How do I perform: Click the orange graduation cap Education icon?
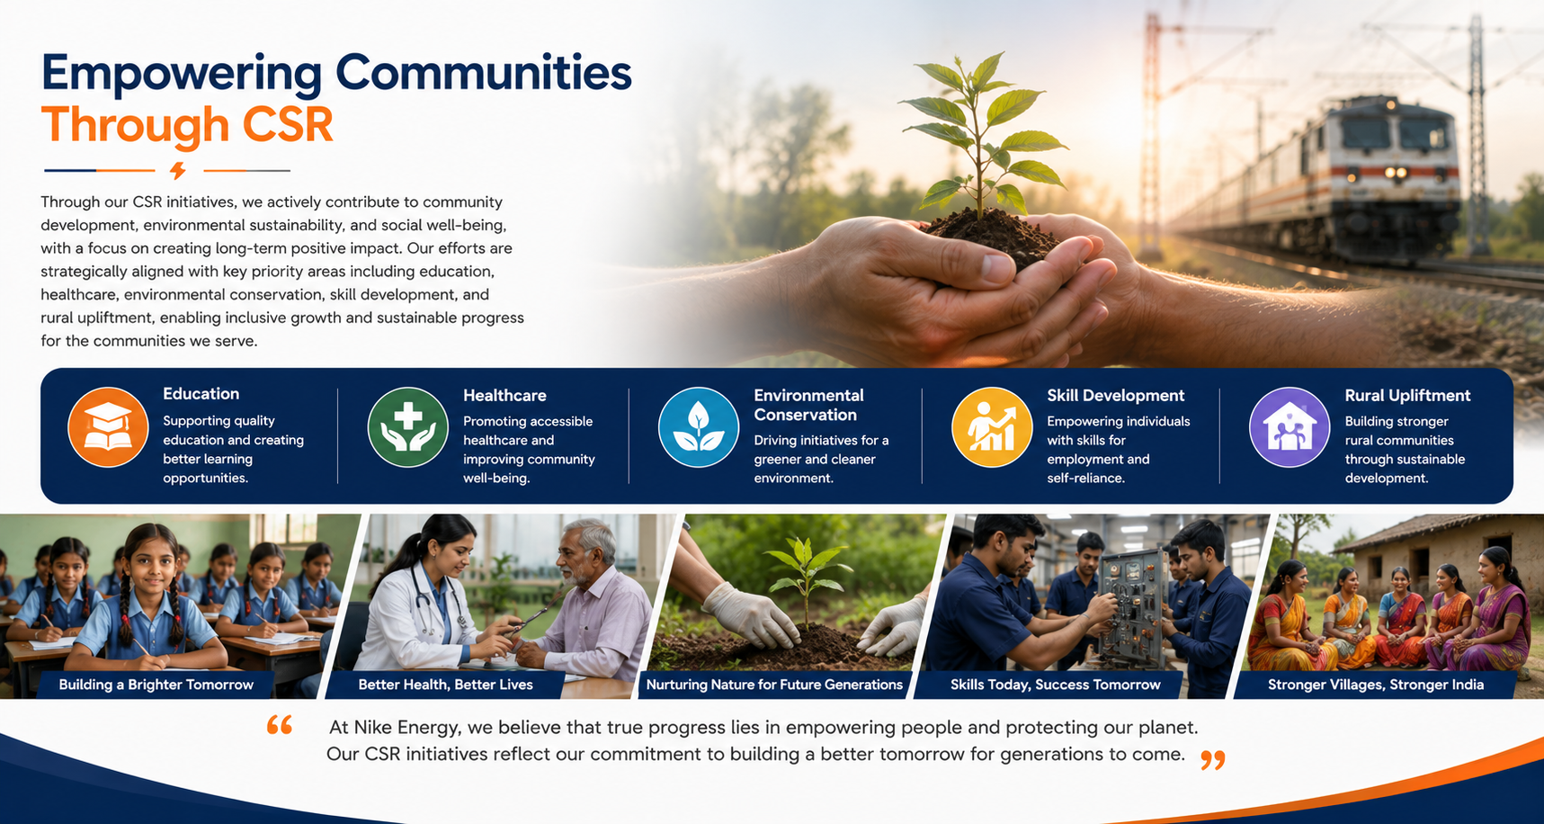pyautogui.click(x=108, y=427)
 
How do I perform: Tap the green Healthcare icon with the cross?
pyautogui.click(x=408, y=427)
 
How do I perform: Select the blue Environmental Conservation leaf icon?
pyautogui.click(x=699, y=427)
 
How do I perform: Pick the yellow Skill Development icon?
pyautogui.click(x=992, y=427)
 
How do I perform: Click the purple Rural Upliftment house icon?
pyautogui.click(x=1290, y=427)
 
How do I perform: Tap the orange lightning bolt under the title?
pyautogui.click(x=178, y=170)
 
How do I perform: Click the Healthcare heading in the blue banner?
pyautogui.click(x=504, y=396)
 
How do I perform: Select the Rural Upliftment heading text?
pyautogui.click(x=1407, y=396)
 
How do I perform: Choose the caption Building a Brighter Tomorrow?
pyautogui.click(x=156, y=685)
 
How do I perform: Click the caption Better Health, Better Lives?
pyautogui.click(x=445, y=685)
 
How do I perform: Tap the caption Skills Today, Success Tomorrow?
pyautogui.click(x=1056, y=685)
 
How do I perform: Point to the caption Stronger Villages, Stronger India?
pyautogui.click(x=1376, y=685)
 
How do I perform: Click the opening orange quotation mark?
pyautogui.click(x=280, y=725)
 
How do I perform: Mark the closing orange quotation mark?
pyautogui.click(x=1213, y=761)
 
